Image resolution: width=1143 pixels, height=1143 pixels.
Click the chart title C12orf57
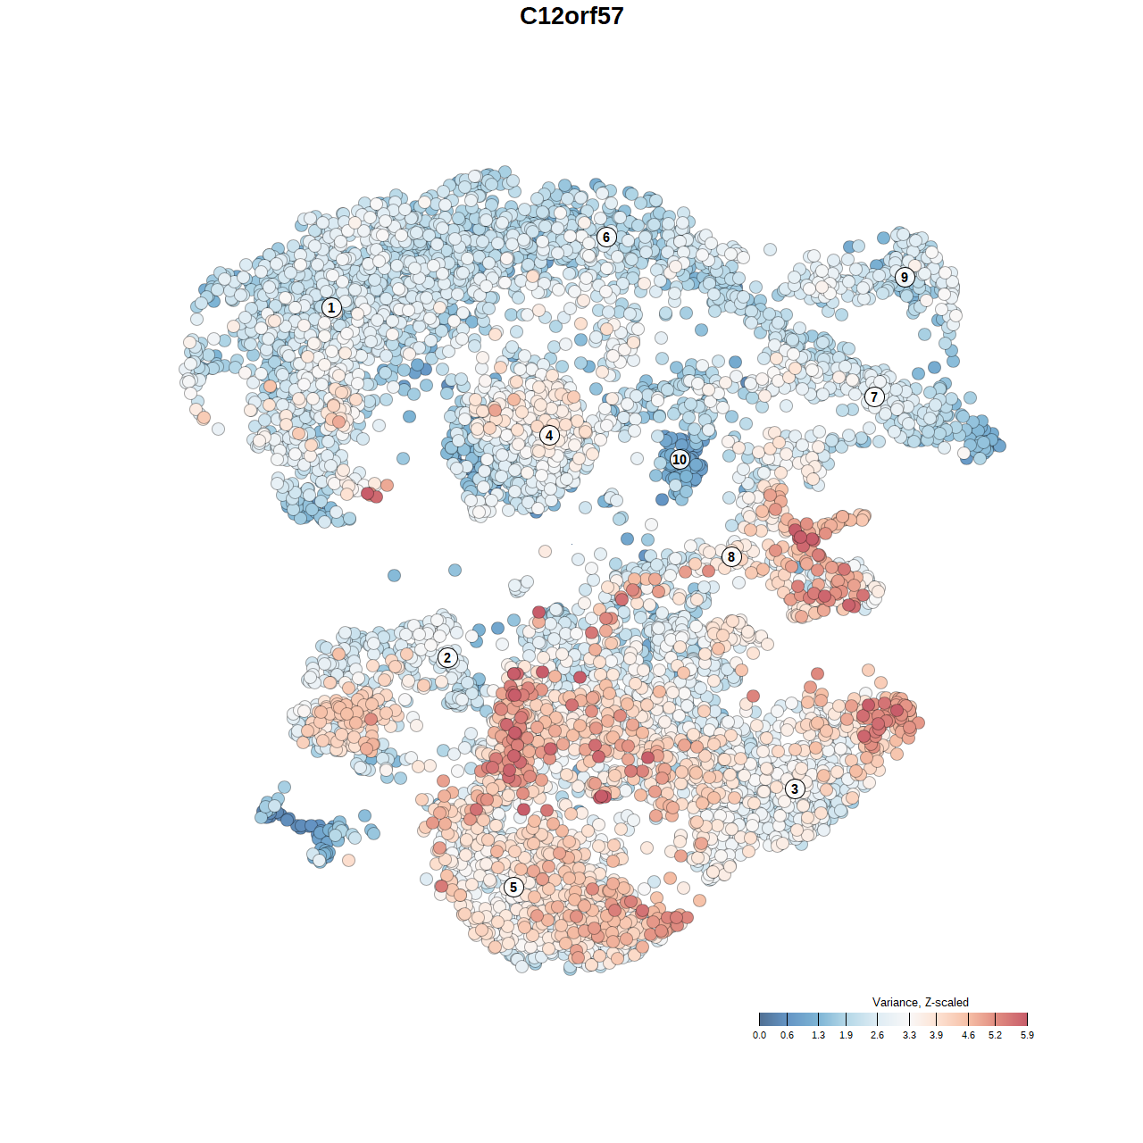click(571, 16)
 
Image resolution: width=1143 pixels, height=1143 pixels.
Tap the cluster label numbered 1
click(331, 307)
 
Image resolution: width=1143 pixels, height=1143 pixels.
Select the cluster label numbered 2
click(447, 658)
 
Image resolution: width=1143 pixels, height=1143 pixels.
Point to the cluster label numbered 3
click(795, 788)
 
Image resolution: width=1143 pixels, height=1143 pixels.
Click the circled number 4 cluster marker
click(549, 436)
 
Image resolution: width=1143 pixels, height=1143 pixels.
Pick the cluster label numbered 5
click(513, 887)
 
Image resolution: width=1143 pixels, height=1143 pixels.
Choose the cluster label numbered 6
click(606, 237)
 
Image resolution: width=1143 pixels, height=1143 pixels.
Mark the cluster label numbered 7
click(874, 397)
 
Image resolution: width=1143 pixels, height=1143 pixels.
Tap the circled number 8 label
click(731, 557)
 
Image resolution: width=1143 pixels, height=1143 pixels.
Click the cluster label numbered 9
click(905, 277)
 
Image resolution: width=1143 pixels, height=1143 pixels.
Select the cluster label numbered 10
click(680, 459)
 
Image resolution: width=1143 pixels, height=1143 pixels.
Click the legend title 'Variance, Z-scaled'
click(920, 1002)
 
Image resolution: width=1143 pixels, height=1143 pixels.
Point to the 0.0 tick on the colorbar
click(759, 1035)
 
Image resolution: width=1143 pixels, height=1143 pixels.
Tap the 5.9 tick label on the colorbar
click(1027, 1035)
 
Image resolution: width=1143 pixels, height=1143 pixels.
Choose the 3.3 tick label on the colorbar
click(909, 1035)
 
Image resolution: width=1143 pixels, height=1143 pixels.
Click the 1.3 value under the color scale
click(818, 1035)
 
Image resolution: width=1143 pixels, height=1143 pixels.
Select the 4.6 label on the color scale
click(968, 1035)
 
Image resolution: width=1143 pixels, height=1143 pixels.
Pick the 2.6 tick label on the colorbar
click(877, 1035)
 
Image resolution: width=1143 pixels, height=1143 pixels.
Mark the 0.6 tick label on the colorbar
click(787, 1035)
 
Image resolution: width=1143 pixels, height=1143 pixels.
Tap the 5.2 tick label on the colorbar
click(995, 1035)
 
